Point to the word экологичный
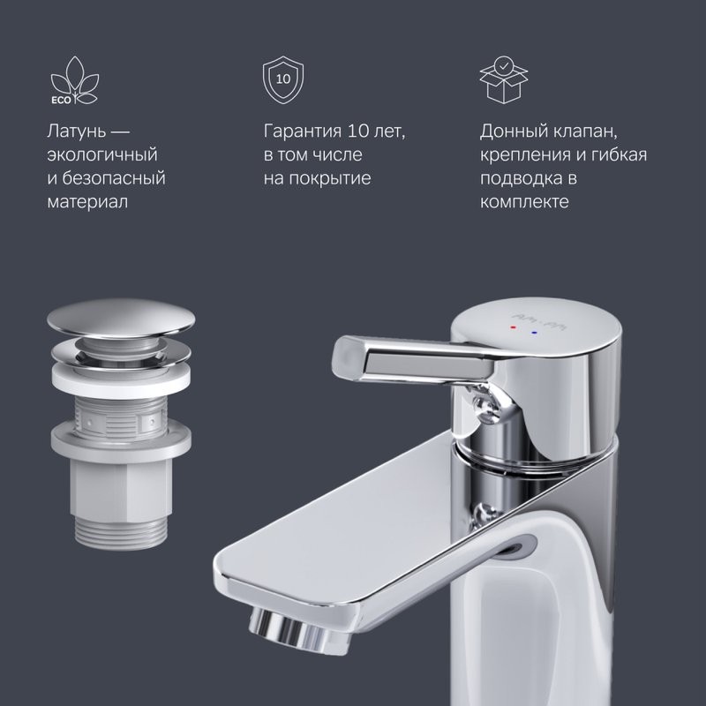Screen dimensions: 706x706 (x=101, y=155)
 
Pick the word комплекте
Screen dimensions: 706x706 (x=524, y=202)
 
